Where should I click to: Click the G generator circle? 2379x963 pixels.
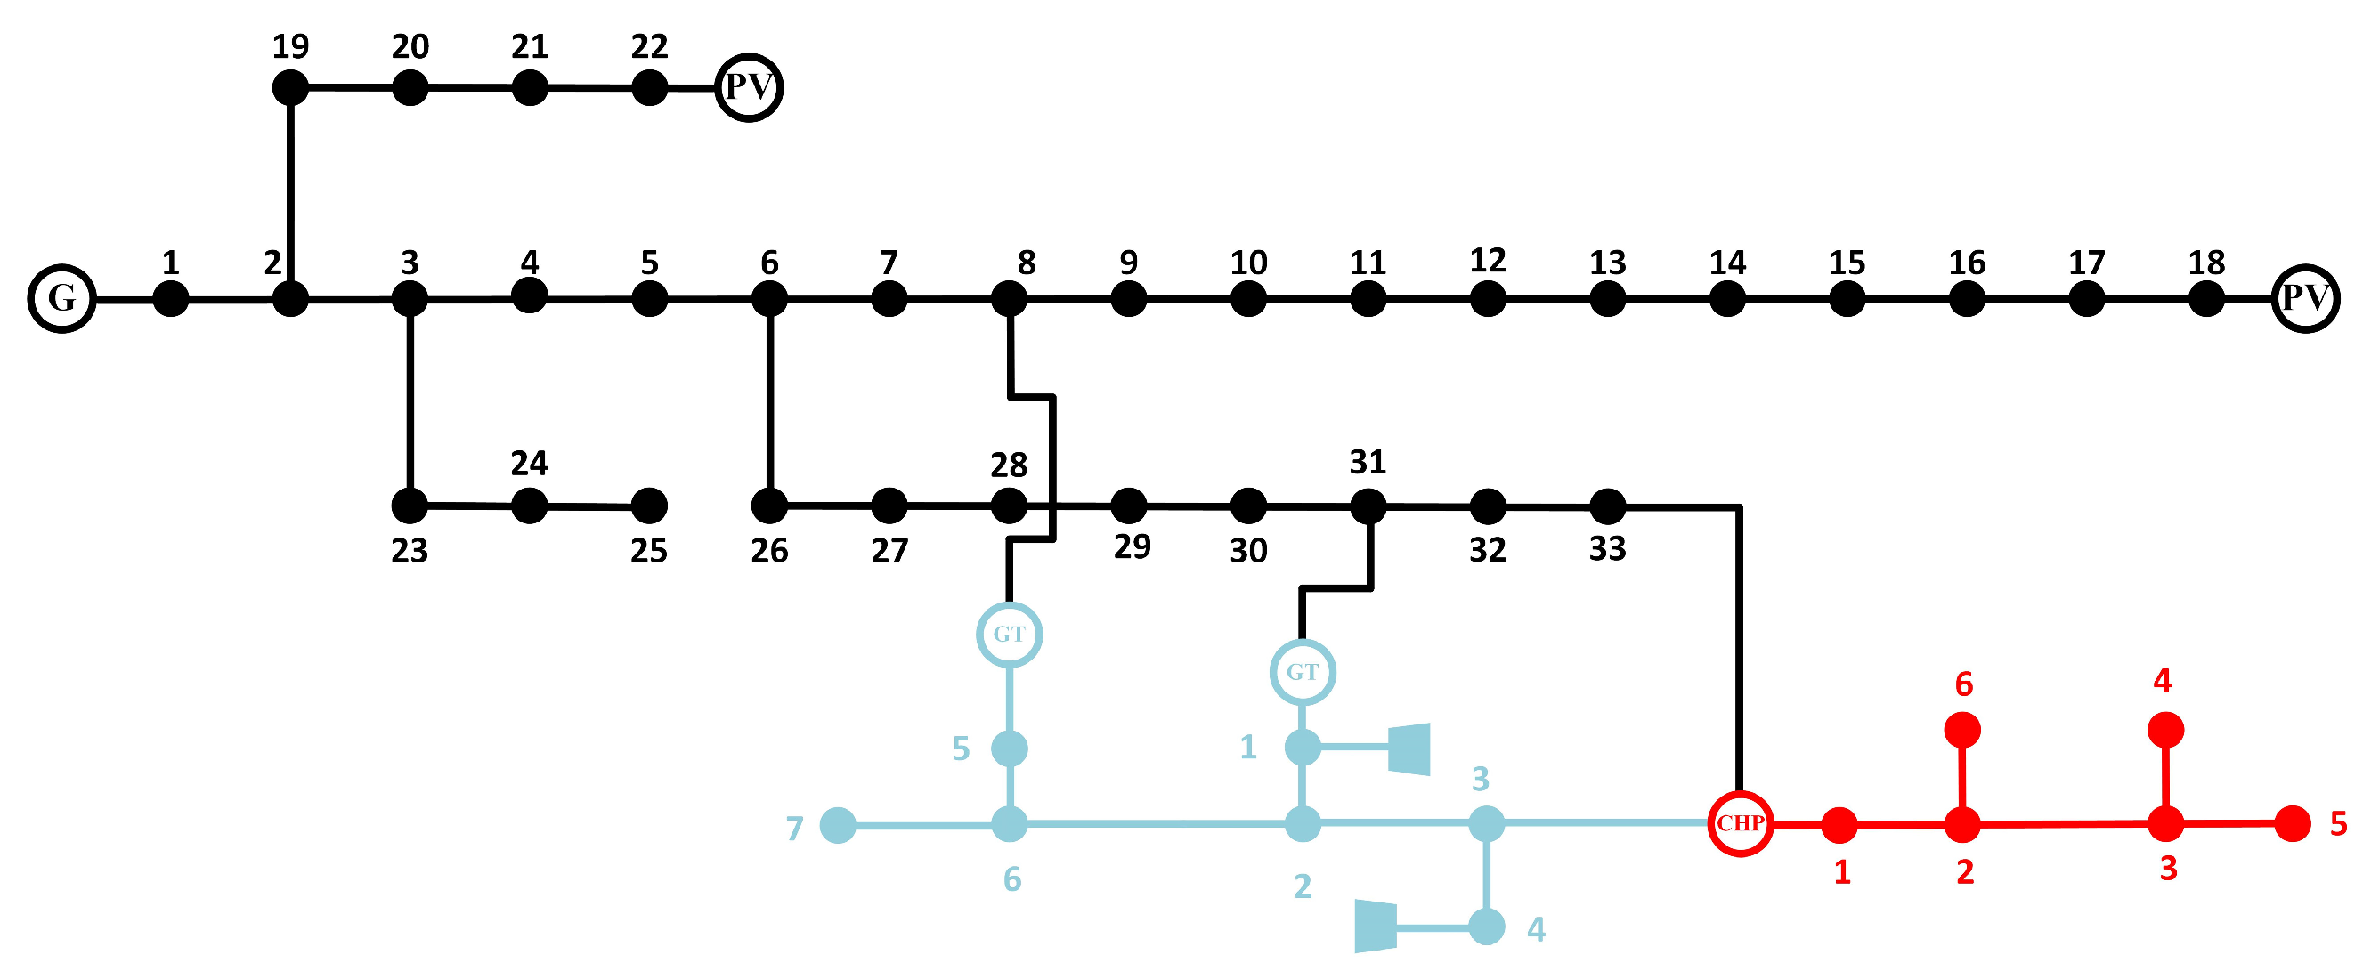point(61,298)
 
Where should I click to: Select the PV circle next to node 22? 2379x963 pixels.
point(749,88)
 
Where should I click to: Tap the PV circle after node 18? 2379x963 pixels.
point(2305,298)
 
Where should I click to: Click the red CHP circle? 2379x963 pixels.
point(1740,823)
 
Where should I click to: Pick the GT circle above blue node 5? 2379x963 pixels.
point(1010,635)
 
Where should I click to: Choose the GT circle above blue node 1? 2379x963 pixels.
point(1303,672)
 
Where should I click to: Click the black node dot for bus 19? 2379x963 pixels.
point(290,88)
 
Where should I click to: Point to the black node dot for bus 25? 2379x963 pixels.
point(649,506)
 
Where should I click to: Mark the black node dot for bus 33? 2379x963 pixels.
point(1607,506)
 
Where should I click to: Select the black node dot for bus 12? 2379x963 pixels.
point(1488,298)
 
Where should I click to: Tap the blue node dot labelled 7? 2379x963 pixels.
point(838,824)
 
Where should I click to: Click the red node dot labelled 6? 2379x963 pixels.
point(1962,731)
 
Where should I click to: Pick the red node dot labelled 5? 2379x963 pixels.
point(2292,823)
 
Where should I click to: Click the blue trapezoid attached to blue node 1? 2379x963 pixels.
point(1410,749)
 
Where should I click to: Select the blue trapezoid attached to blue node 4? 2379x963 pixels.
point(1375,927)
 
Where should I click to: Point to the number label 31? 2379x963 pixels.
point(1368,462)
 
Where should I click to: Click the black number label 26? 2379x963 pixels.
point(769,551)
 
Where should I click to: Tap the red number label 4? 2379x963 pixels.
point(2162,681)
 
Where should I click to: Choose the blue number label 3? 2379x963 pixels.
point(1481,780)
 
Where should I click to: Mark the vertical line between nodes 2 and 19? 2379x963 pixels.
point(290,194)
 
